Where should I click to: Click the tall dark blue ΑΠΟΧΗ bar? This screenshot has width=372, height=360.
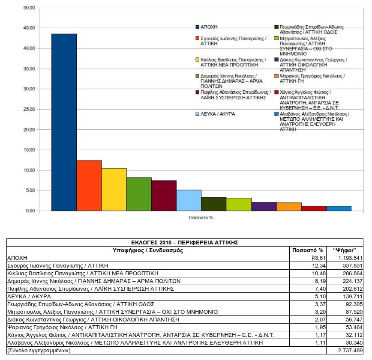click(x=64, y=122)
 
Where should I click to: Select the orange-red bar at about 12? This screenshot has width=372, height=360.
click(x=89, y=185)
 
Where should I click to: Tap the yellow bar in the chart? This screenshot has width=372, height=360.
click(x=114, y=189)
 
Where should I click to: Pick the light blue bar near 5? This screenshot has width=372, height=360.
click(x=189, y=200)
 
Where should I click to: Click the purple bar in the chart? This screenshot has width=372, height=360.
click(x=264, y=206)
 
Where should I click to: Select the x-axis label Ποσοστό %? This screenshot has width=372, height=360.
click(x=201, y=217)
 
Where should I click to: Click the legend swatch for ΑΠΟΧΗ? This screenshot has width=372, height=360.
click(x=197, y=27)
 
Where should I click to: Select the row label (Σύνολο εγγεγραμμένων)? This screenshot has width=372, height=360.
click(x=39, y=351)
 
